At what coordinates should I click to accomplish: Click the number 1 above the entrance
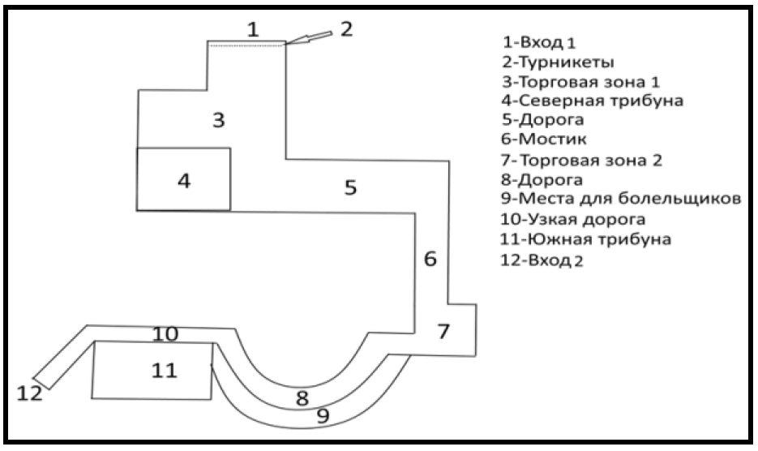click(253, 30)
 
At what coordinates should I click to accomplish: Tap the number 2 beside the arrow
click(346, 29)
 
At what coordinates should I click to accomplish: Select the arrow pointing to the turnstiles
click(310, 39)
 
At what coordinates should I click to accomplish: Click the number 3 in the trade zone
click(218, 121)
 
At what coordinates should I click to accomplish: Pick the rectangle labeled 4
click(184, 179)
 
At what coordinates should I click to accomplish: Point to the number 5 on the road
click(350, 187)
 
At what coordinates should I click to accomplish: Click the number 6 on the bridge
click(430, 260)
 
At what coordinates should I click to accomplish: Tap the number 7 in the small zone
click(443, 331)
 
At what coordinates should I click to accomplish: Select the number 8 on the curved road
click(302, 398)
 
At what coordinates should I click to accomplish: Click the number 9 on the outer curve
click(322, 416)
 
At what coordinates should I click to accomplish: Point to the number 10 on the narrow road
click(165, 333)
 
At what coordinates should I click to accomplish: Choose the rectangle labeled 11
click(152, 370)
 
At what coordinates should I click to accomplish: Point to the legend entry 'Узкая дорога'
click(576, 220)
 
